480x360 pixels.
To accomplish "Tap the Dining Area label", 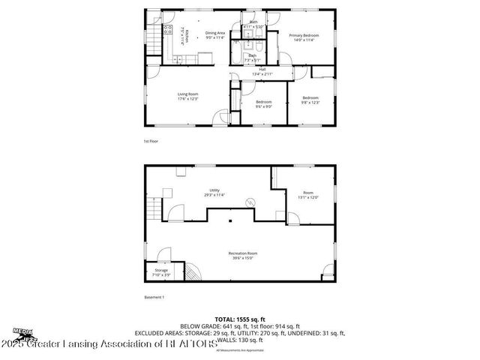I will click(x=216, y=34).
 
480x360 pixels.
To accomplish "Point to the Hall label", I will click(x=262, y=71).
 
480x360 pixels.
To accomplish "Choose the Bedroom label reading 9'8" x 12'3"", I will click(x=311, y=99).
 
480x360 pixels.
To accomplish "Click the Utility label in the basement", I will click(x=214, y=192).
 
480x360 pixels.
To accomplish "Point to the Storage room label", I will click(x=162, y=271).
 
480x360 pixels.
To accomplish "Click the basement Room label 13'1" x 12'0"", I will click(x=308, y=194).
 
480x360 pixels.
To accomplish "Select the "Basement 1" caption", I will click(x=154, y=298).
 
